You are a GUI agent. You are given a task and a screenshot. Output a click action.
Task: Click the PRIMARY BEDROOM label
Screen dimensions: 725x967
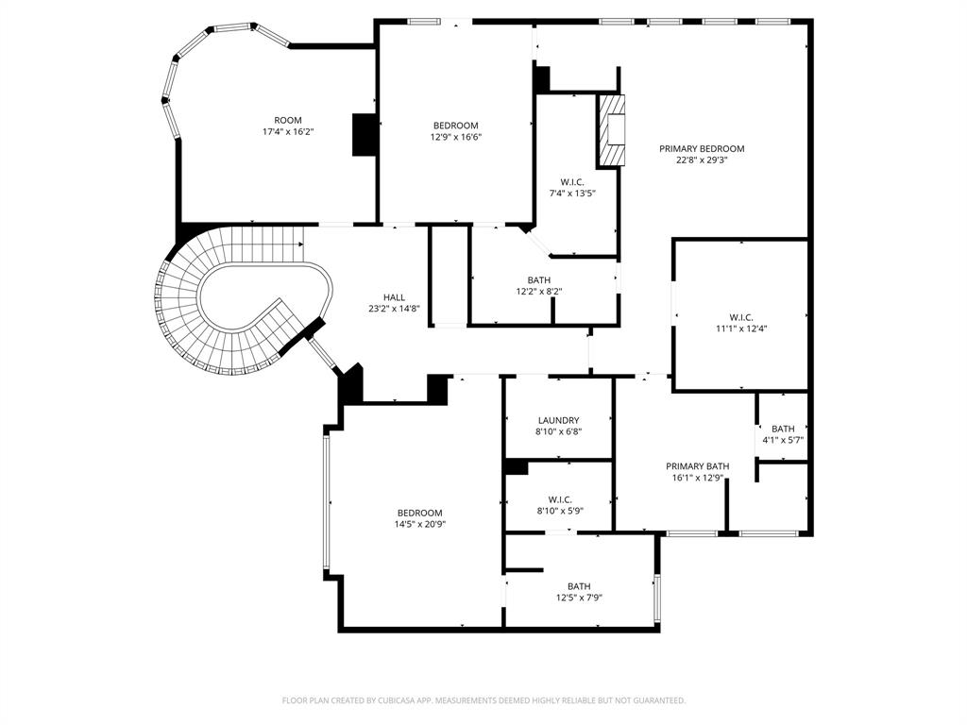[702, 148]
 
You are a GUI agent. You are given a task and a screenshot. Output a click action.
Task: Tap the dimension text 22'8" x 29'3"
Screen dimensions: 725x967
[702, 160]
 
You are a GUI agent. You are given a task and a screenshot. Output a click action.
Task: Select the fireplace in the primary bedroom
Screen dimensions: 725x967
[612, 130]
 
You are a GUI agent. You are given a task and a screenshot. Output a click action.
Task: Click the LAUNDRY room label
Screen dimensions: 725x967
[558, 420]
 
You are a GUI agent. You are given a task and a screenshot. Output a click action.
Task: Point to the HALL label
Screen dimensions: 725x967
[394, 296]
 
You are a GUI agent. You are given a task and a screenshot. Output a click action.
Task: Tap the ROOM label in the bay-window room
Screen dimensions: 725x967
[288, 120]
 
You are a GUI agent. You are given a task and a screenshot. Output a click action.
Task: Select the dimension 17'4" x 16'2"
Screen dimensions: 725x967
[288, 132]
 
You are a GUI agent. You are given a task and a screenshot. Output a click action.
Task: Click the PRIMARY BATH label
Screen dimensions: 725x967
[698, 466]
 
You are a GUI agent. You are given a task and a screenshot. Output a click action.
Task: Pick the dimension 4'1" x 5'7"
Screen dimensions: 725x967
[783, 440]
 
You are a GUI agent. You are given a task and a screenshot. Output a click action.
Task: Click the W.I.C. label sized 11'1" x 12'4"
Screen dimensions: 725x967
[741, 317]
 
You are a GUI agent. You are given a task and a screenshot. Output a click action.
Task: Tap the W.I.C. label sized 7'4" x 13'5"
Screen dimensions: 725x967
[572, 181]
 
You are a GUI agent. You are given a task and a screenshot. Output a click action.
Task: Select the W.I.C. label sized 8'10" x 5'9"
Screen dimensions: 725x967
[560, 499]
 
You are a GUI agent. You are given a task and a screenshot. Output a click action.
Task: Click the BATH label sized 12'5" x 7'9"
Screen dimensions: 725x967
[579, 586]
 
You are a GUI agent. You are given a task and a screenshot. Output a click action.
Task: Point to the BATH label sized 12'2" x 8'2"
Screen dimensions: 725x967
[539, 279]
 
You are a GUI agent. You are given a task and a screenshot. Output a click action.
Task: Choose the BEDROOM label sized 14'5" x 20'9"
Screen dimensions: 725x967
[419, 513]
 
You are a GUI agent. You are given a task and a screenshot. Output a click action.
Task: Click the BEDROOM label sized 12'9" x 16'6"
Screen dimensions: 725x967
[455, 126]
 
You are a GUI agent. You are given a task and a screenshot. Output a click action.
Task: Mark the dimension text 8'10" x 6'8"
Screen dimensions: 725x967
[558, 431]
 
